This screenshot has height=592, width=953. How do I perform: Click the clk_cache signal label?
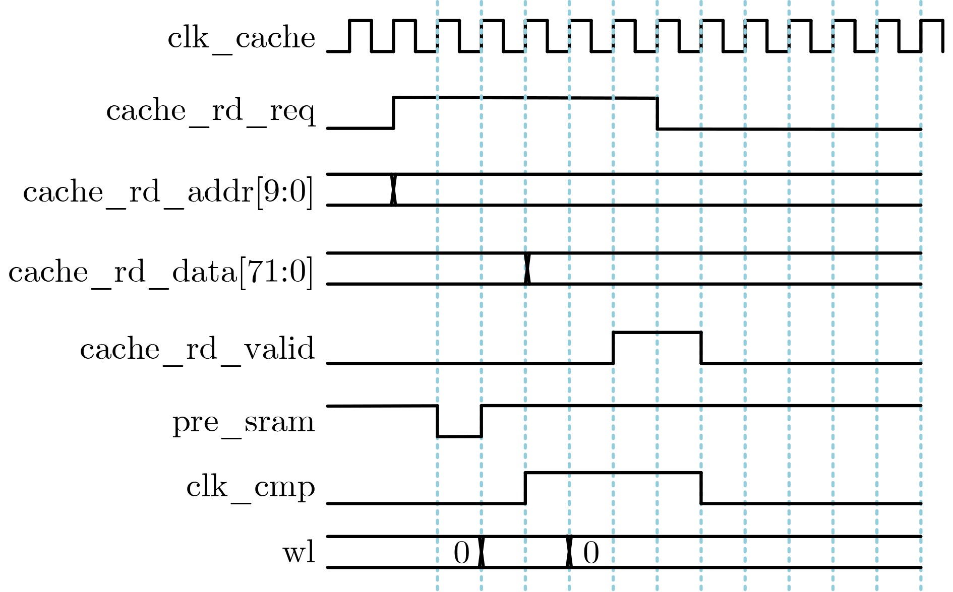241,38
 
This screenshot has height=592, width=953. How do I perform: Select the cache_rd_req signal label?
211,111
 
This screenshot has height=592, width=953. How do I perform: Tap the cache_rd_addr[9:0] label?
168,192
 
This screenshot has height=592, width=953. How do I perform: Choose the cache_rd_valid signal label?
197,349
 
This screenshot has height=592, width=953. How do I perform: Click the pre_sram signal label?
244,422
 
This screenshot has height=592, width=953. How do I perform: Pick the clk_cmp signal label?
251,487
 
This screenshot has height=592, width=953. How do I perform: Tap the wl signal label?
299,552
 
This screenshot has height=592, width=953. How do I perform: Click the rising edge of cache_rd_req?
393,113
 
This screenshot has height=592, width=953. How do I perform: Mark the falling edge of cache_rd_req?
657,113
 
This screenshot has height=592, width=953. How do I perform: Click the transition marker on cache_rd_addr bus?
393,189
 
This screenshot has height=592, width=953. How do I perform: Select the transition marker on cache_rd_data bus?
527,269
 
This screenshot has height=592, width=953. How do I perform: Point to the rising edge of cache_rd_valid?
613,348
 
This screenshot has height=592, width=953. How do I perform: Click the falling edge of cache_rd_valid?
701,348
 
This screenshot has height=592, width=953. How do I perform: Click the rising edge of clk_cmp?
525,488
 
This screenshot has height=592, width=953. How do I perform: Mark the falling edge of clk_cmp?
701,488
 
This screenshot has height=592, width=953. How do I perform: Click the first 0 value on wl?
461,553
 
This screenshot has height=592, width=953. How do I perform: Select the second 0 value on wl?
591,553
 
